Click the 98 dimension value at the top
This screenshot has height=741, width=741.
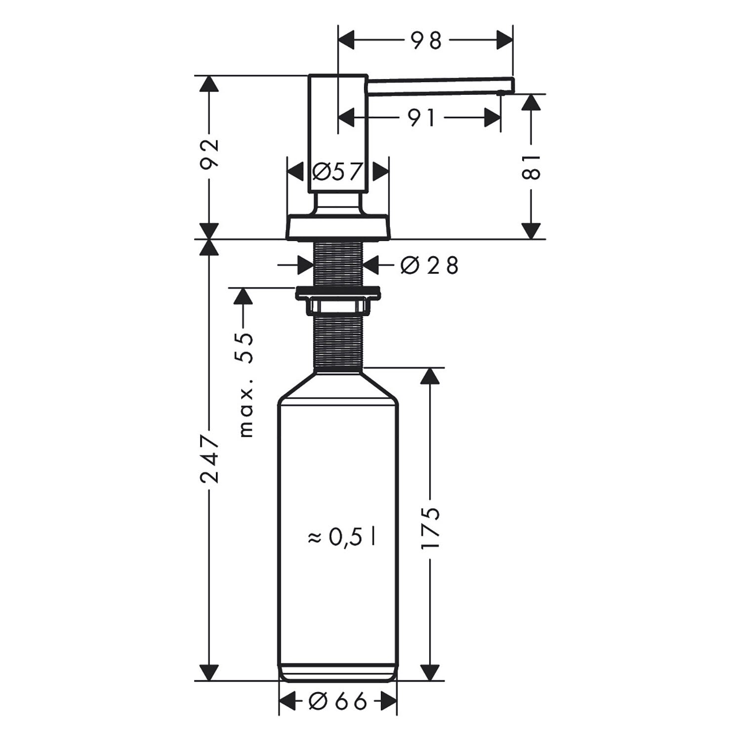[426, 41]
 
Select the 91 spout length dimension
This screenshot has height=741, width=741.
[421, 118]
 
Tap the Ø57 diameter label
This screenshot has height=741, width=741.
[338, 172]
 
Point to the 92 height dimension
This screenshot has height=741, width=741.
[209, 155]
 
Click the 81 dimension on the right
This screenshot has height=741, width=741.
[531, 167]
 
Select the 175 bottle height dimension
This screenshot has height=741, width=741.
[430, 528]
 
